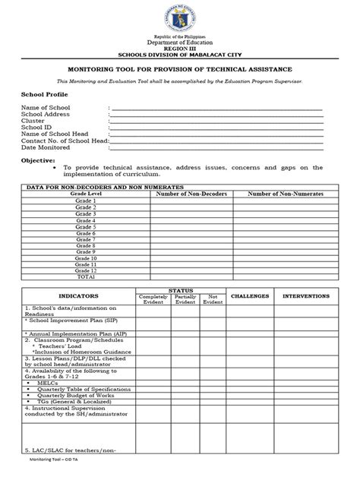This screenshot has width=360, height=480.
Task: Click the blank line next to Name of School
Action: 216,109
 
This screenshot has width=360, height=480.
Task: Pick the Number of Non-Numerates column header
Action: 286,194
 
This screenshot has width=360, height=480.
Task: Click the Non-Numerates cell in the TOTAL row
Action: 286,278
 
